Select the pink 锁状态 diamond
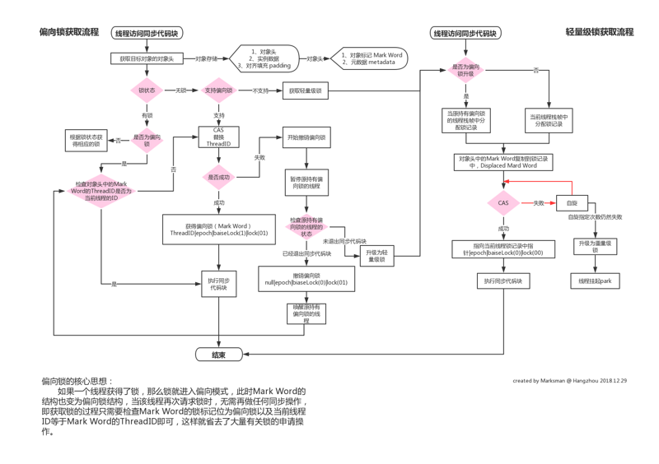148,90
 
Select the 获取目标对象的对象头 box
148,58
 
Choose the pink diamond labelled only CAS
503,202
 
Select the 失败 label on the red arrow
539,202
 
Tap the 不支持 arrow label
261,90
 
